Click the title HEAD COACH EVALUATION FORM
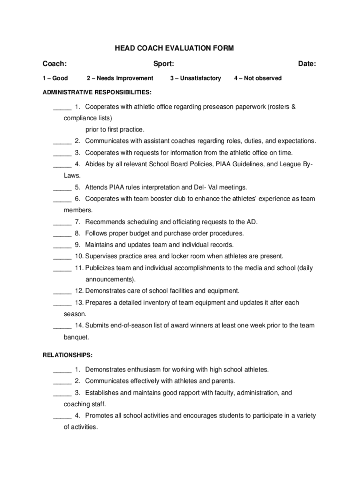pyautogui.click(x=174, y=48)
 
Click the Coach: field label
pyautogui.click(x=55, y=64)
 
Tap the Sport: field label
pyautogui.click(x=164, y=64)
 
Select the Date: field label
pyautogui.click(x=307, y=64)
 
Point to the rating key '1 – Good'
pyautogui.click(x=55, y=78)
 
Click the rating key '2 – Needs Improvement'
pyautogui.click(x=120, y=78)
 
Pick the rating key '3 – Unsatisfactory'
pyautogui.click(x=195, y=78)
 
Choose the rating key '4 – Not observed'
pyautogui.click(x=258, y=78)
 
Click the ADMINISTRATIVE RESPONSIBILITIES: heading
pyautogui.click(x=97, y=92)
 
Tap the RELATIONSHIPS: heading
pyautogui.click(x=68, y=355)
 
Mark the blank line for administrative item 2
pyautogui.click(x=62, y=142)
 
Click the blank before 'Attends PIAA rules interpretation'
pyautogui.click(x=62, y=188)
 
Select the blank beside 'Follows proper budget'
pyautogui.click(x=62, y=234)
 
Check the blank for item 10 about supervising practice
pyautogui.click(x=62, y=257)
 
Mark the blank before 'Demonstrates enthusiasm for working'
pyautogui.click(x=62, y=370)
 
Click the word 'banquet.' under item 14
pyautogui.click(x=76, y=337)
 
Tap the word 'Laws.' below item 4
pyautogui.click(x=72, y=176)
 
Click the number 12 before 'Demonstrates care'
pyautogui.click(x=79, y=291)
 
